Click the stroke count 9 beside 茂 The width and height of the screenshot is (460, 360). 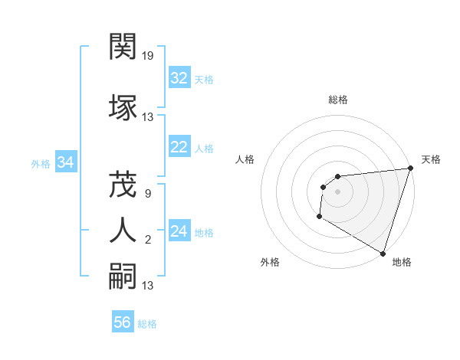(x=147, y=194)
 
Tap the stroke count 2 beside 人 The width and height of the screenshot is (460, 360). (x=147, y=241)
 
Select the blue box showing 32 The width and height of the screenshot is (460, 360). (x=179, y=78)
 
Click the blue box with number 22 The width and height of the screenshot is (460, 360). (x=179, y=147)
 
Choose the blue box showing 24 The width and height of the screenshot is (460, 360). (x=179, y=231)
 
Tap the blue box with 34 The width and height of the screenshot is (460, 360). (x=66, y=162)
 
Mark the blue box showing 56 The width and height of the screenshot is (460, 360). (x=123, y=322)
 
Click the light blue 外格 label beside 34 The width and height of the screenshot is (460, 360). (x=41, y=163)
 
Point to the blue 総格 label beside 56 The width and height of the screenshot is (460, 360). (x=147, y=323)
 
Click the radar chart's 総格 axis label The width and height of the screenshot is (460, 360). (x=337, y=100)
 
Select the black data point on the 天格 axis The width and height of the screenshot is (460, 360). (x=410, y=169)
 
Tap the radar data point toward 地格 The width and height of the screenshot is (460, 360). (x=383, y=254)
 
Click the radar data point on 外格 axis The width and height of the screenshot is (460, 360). (x=319, y=218)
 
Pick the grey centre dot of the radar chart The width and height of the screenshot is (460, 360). (x=337, y=192)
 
